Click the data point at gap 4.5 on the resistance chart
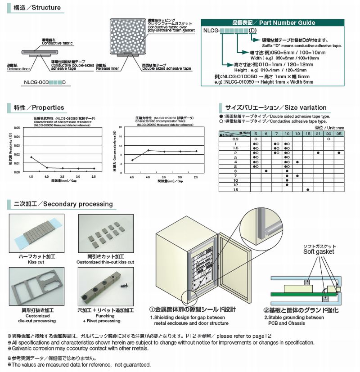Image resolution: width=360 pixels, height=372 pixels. [31, 157]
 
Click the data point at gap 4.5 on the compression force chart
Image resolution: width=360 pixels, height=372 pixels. [132, 160]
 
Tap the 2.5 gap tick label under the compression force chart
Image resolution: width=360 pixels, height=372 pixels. [196, 178]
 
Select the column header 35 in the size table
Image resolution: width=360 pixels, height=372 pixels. [339, 134]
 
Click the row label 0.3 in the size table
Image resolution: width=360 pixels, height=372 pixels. [235, 139]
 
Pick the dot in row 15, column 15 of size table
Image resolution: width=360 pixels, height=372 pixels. [308, 189]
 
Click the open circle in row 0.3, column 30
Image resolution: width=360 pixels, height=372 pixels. [328, 139]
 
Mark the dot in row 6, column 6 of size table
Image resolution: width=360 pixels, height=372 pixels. [266, 171]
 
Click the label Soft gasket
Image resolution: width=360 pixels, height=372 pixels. [319, 252]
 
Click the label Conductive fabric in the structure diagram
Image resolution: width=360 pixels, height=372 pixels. [54, 43]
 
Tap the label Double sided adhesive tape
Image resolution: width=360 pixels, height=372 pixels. [166, 69]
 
